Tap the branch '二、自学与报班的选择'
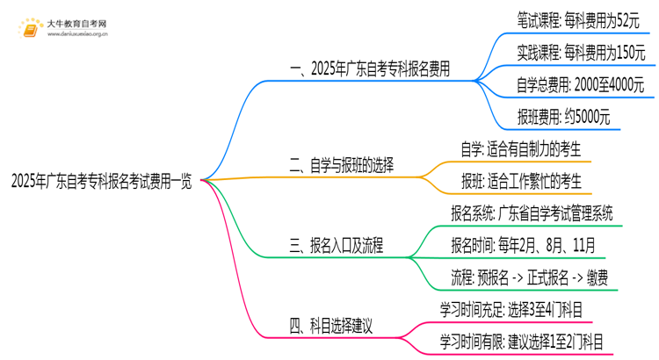click(342, 164)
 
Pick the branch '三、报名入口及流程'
click(336, 244)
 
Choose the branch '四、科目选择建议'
click(331, 326)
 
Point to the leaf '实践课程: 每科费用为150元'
click(581, 53)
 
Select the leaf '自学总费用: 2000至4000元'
click(581, 86)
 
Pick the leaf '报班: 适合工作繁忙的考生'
click(521, 180)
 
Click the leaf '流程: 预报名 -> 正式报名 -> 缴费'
click(529, 277)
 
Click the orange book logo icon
click(32, 28)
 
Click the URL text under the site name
click(76, 35)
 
